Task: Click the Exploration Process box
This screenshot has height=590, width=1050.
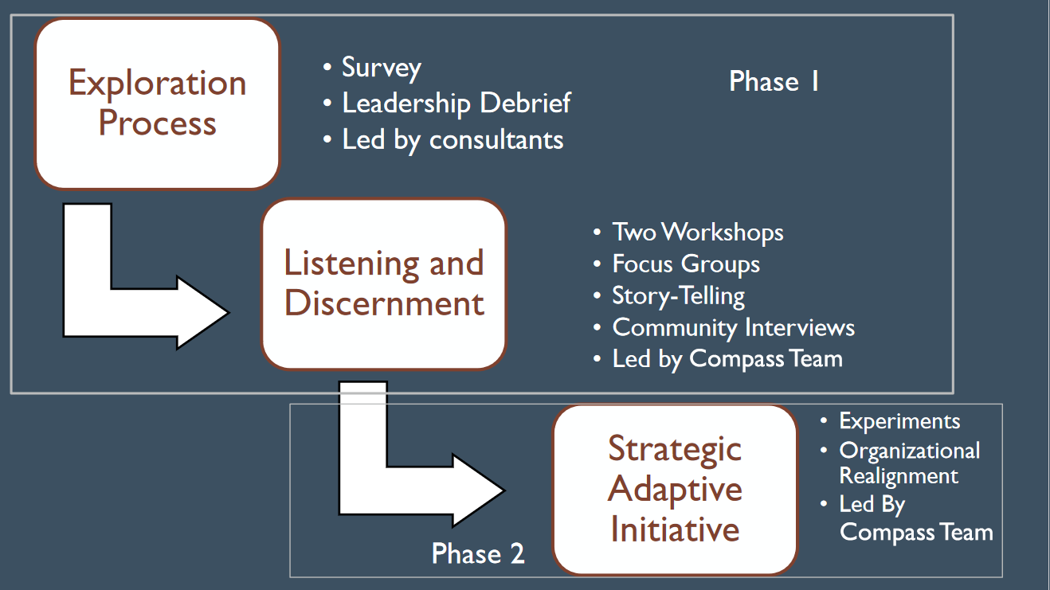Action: point(158,104)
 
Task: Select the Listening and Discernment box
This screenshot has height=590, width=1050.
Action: point(384,284)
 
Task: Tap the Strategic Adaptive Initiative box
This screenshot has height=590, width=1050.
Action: point(675,489)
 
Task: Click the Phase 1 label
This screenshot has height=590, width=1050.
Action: point(774,81)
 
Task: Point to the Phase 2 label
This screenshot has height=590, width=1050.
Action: point(478,553)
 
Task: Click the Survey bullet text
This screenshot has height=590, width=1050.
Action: point(381,68)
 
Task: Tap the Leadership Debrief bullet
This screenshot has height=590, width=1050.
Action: point(456,103)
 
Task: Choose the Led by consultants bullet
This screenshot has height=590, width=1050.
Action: point(453,139)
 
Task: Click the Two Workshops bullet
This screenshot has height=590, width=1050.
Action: point(698,232)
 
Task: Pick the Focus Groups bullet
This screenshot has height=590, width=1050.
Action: point(686,264)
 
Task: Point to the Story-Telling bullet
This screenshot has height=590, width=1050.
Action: point(678,296)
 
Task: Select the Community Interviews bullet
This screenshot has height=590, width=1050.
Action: point(733,327)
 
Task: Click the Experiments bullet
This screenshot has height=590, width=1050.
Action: point(899,422)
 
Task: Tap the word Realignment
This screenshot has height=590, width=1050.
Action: point(899,476)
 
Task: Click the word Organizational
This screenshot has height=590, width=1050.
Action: point(909,451)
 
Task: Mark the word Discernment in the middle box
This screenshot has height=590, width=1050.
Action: point(384,303)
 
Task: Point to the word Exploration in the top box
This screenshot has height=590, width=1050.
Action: point(158,84)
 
